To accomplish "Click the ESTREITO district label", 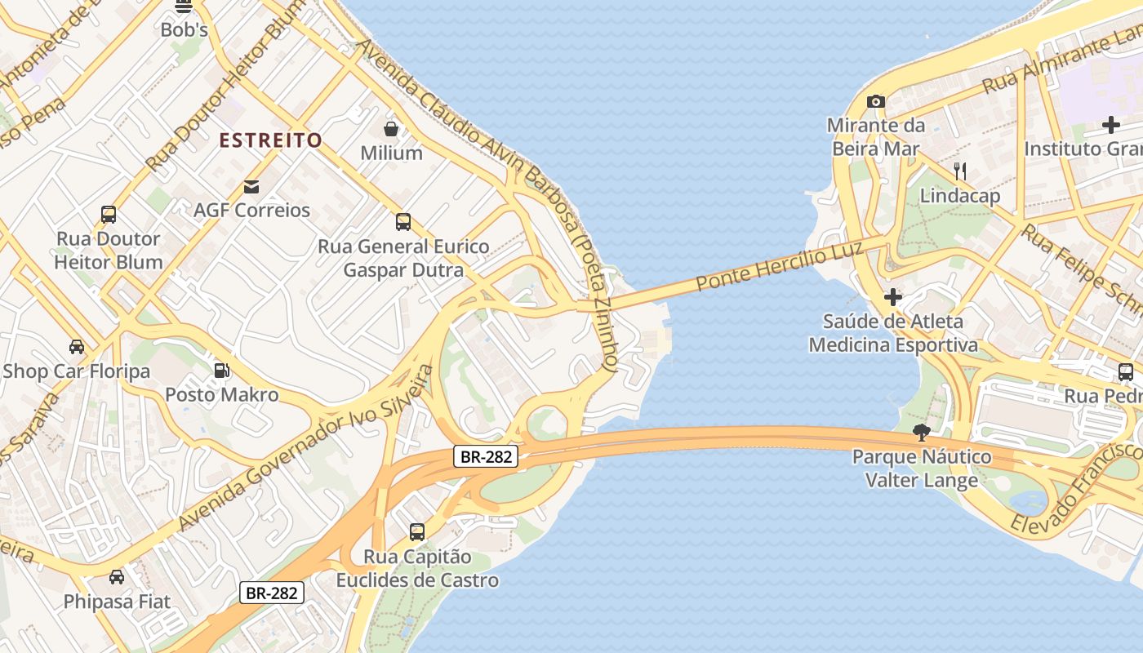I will pos(270,140).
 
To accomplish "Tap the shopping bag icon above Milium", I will pos(392,129).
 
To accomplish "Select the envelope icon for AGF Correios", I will pos(251,187).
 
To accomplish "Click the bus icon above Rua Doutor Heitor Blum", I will pos(109,215).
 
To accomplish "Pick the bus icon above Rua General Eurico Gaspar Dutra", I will pos(402,222).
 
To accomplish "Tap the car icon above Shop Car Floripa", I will pos(76,347).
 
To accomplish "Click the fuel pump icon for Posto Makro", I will pos(221,371).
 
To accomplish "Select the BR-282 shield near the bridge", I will pos(486,457).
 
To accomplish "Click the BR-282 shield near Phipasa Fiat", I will pos(271,593).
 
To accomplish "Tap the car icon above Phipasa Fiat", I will pos(117,577).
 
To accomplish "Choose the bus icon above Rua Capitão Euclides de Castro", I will pos(417,532).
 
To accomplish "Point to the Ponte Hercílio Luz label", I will pos(780,266).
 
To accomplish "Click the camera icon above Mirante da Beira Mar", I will pos(876,101).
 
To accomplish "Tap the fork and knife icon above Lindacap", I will pos(960,171).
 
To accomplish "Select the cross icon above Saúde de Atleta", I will pos(893,296).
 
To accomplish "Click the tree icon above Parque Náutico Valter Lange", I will pos(922,432).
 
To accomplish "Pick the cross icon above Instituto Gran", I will pos(1110,125).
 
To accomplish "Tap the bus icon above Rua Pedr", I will pos(1126,372).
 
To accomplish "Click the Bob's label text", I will pos(184,30).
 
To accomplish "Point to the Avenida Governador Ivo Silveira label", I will pos(306,447).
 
